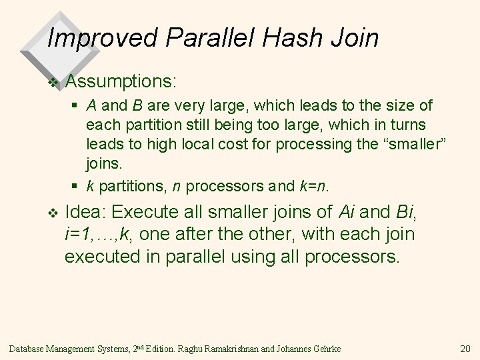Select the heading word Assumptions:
click(121, 82)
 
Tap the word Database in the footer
click(29, 348)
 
